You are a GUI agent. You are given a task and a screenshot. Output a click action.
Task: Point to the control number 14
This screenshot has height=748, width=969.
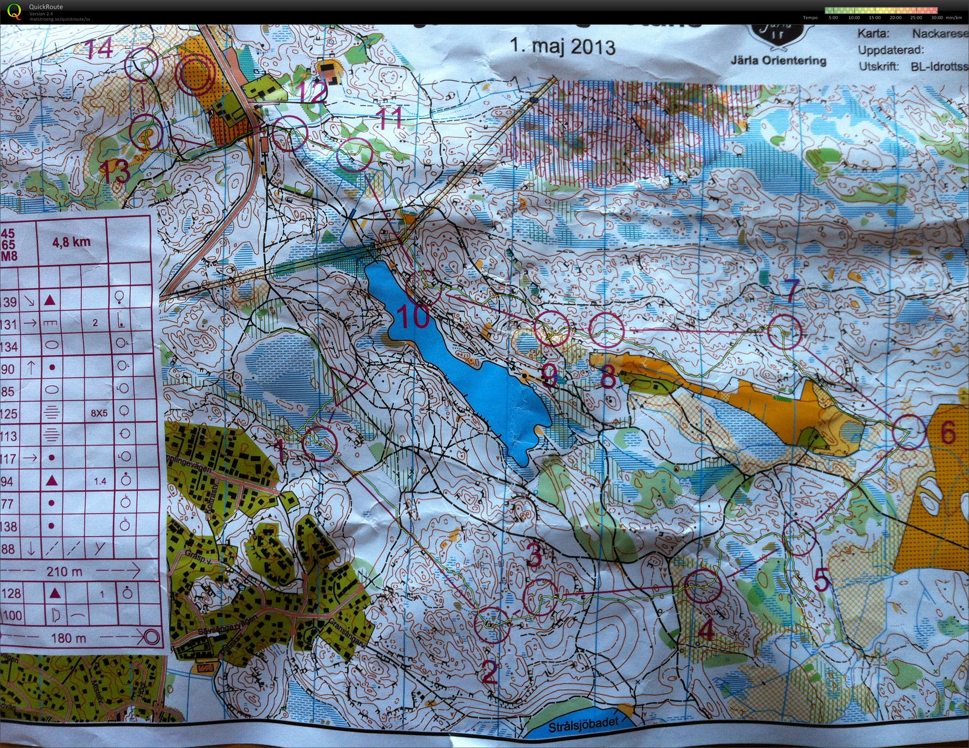[x=99, y=49]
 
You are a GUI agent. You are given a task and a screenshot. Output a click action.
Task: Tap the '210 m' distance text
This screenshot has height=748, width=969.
[x=64, y=571]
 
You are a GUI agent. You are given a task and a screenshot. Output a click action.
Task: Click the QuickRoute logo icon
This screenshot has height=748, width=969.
[x=14, y=11]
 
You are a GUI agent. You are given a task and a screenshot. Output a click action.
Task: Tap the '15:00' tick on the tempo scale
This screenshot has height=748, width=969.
[x=874, y=18]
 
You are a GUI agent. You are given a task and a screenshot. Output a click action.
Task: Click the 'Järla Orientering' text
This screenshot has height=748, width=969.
[x=778, y=61]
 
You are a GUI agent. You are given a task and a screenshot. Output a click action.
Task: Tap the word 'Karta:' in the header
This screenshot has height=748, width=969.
[x=872, y=34]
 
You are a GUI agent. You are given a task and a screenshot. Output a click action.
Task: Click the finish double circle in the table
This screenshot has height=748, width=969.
[x=152, y=638]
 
